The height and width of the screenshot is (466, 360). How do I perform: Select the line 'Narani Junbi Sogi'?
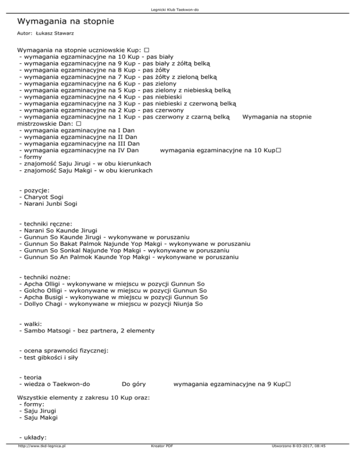(x=48, y=204)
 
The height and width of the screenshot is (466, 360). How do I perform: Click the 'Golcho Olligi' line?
(x=113, y=291)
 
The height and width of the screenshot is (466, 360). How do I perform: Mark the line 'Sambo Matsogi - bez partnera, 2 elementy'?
(x=86, y=331)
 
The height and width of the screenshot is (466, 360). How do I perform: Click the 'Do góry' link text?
(x=133, y=384)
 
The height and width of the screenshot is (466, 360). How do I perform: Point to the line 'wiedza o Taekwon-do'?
(x=54, y=384)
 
